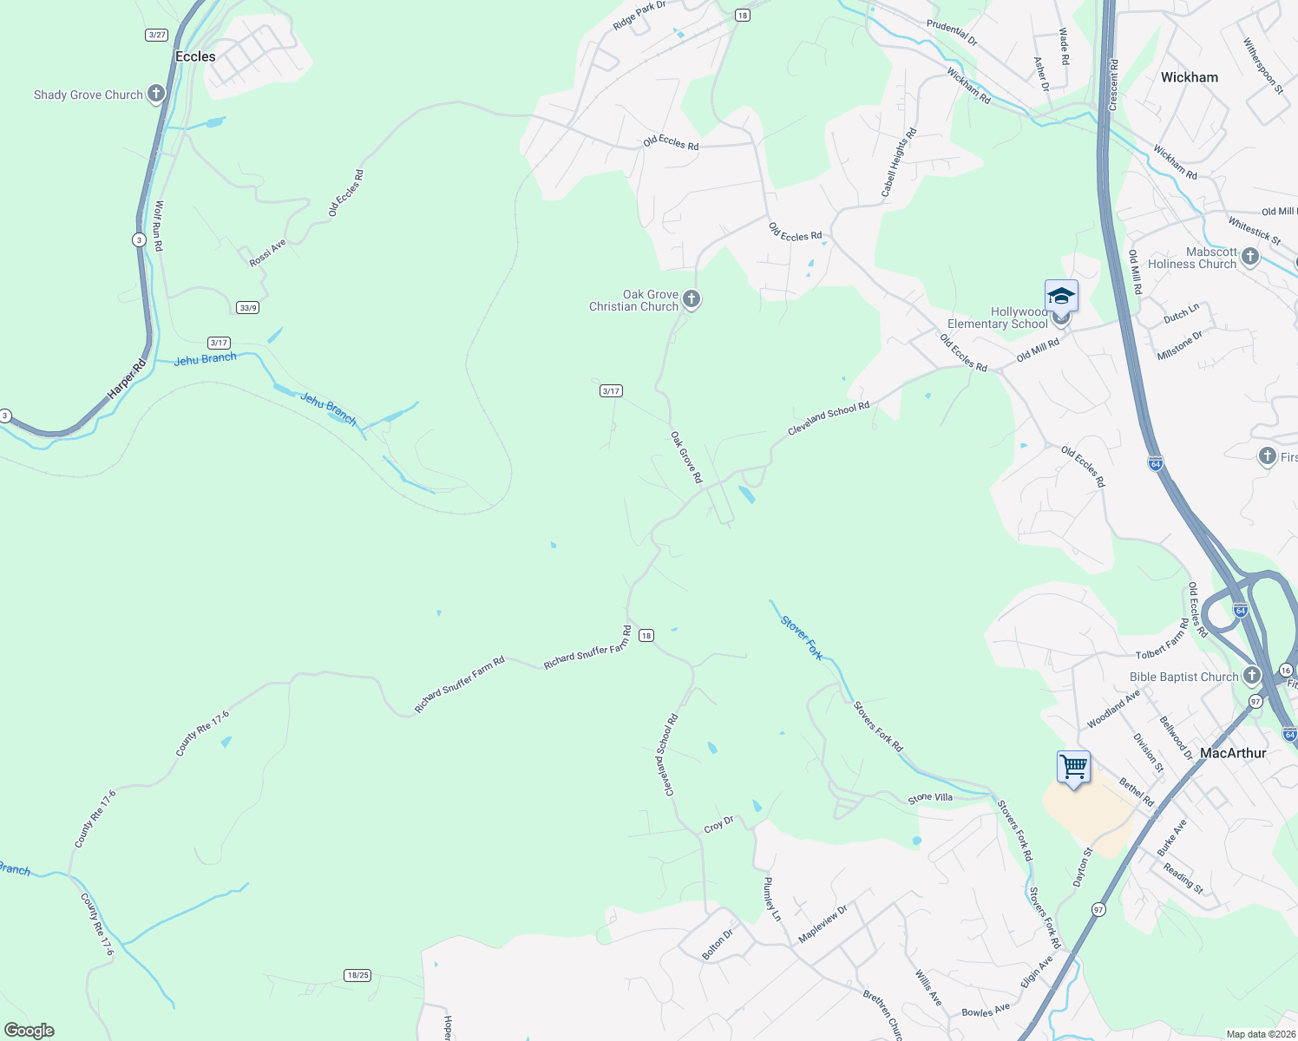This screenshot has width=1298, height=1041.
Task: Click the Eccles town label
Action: [195, 56]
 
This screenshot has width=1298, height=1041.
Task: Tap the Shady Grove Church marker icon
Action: [156, 94]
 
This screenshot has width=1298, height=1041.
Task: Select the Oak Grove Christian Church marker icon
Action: [692, 299]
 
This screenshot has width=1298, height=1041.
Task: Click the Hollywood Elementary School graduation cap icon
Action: [1061, 297]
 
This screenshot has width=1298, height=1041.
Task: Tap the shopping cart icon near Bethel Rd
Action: [1073, 767]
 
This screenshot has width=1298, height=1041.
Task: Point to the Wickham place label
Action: [1189, 77]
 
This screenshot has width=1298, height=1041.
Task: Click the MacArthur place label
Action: [1233, 753]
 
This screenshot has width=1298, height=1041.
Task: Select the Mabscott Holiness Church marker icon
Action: [1250, 256]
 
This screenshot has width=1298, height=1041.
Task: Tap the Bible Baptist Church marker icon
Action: [1251, 675]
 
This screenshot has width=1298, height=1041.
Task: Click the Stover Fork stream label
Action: [801, 638]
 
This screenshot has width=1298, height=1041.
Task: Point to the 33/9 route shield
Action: [248, 307]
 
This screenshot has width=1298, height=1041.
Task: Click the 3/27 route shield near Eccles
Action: [157, 35]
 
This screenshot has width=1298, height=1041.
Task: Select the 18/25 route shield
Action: [357, 975]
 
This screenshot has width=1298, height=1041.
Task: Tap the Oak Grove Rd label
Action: [686, 457]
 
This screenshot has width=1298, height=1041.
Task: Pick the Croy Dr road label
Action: [718, 824]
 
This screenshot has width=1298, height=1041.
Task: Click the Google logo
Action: [29, 1031]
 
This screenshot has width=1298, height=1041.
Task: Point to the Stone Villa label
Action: [930, 797]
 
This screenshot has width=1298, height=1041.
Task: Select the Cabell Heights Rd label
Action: [899, 163]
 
